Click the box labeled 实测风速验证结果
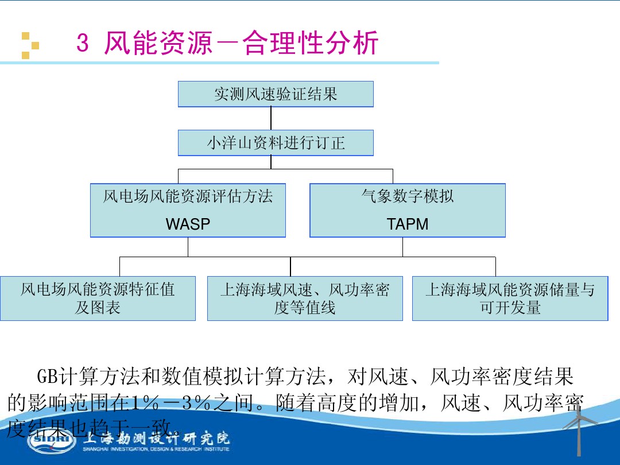276,94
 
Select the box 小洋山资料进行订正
276,143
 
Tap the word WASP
188,224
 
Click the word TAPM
408,224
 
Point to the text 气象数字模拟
408,196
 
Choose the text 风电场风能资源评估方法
188,196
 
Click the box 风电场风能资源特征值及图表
98,299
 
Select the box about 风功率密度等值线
304,299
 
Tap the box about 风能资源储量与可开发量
510,299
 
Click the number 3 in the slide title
83,44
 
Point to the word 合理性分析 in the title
311,44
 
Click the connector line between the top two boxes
271,118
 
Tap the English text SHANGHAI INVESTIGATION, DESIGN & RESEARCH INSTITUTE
156,449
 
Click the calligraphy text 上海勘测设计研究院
156,439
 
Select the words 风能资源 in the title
166,44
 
